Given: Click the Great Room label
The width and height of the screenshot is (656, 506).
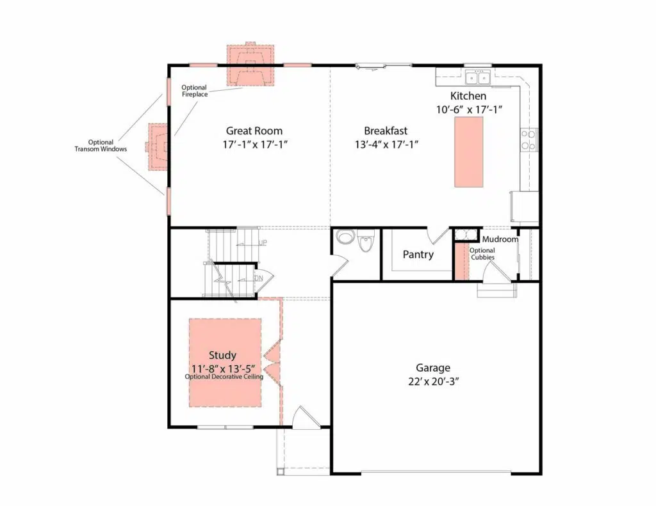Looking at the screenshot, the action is point(254,130).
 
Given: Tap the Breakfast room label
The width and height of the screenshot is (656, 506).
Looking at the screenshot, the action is point(386,130).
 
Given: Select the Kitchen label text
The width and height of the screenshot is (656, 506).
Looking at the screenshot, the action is point(468,96).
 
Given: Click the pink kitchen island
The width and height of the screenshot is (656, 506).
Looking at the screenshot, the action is point(468,152).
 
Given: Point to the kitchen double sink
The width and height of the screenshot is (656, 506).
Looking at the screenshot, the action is point(477,77).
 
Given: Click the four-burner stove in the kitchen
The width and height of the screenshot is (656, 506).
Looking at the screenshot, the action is point(529,140).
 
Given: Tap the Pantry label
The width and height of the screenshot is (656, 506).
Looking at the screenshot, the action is point(418,255).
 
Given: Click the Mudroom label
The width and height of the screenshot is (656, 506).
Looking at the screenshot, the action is point(500,239).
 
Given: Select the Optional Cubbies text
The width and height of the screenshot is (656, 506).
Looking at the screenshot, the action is point(482,253).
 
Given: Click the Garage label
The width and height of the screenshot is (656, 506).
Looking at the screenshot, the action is point(433,368).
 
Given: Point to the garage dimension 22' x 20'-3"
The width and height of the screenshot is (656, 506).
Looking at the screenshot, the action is point(434,382).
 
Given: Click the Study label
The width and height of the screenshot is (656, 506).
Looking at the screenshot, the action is point(222,355).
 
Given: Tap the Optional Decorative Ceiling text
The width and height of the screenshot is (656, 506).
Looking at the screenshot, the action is point(224,377).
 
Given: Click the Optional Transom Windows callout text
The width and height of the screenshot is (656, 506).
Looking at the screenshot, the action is point(101,145).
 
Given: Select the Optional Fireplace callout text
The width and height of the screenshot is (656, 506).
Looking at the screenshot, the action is point(194,91).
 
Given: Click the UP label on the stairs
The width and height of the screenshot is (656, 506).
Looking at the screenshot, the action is point(262,242).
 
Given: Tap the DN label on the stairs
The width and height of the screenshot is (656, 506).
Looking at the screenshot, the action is point(259,278).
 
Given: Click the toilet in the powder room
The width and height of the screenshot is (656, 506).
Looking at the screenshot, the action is point(366,242).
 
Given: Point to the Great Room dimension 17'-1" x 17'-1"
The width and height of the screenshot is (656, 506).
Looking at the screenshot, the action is point(255,145).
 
